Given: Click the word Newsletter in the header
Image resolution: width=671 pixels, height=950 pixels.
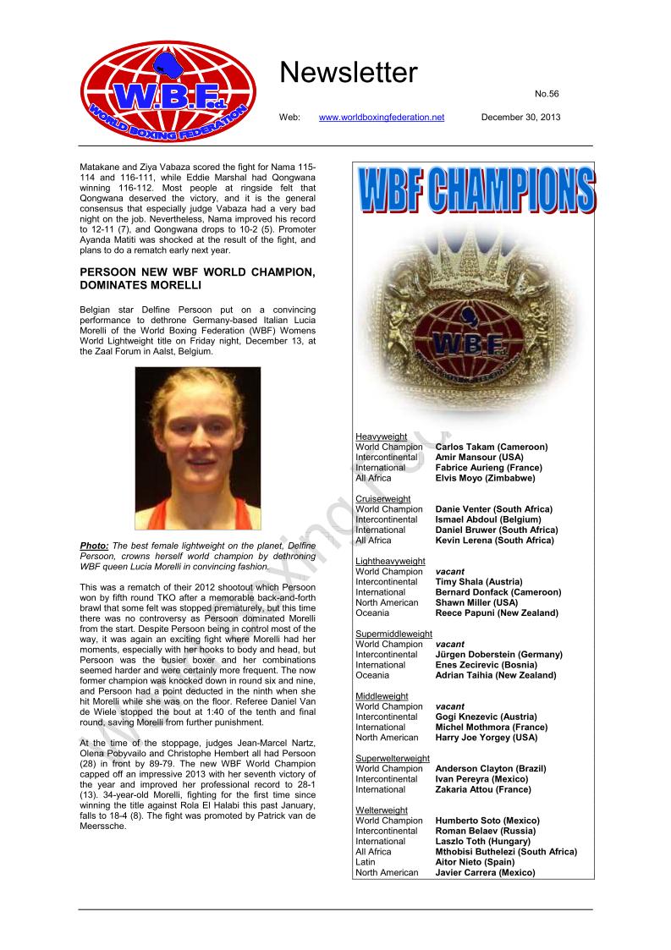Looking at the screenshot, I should click(x=349, y=74).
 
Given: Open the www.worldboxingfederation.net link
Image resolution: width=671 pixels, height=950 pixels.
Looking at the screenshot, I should click(x=381, y=117).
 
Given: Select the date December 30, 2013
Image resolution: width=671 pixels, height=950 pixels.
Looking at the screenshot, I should click(x=520, y=117).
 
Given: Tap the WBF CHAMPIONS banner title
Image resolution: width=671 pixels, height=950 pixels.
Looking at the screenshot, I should click(x=476, y=190).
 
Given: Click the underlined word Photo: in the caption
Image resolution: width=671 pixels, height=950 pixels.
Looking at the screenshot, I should click(x=93, y=546).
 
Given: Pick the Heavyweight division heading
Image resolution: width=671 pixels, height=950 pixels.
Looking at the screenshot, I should click(x=382, y=437).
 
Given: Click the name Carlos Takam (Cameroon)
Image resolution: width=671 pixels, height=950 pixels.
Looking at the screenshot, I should click(x=492, y=447).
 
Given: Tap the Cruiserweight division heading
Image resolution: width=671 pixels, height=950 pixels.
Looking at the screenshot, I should click(x=383, y=499).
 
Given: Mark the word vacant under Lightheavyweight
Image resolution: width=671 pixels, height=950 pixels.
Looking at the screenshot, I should click(x=448, y=572).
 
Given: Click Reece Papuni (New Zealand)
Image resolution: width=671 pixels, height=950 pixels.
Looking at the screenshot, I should click(x=497, y=612).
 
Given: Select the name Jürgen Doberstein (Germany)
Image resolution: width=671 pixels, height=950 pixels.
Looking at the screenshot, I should click(x=498, y=655).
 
